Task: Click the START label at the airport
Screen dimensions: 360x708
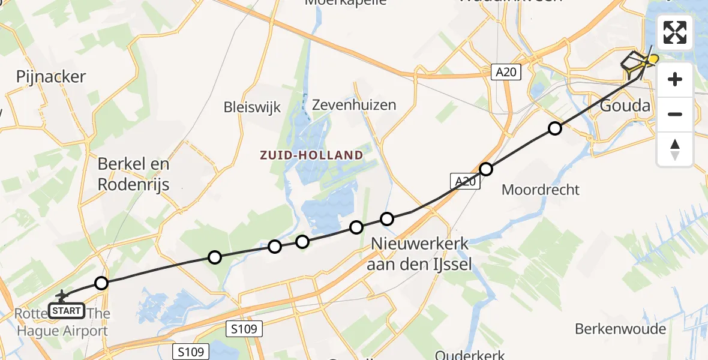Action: [x=66, y=311]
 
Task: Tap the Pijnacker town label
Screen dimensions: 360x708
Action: [x=52, y=77]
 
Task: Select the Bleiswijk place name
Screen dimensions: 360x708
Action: [x=252, y=108]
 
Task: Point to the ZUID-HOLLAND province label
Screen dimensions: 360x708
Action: [x=311, y=155]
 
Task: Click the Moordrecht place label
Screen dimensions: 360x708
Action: [x=541, y=190]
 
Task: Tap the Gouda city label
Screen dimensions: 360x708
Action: [x=625, y=106]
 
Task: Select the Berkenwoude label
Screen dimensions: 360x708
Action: [x=620, y=329]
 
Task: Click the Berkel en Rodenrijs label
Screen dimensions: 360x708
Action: [x=134, y=174]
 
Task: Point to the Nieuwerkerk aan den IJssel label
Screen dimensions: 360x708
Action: [x=420, y=254]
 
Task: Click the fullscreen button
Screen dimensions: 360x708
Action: [x=675, y=32]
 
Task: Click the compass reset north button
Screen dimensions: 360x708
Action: [x=675, y=149]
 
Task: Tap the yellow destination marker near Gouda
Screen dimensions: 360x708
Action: [x=652, y=59]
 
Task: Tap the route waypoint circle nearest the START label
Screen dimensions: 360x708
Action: [x=101, y=283]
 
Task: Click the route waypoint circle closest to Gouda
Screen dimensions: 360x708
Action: [x=555, y=128]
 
